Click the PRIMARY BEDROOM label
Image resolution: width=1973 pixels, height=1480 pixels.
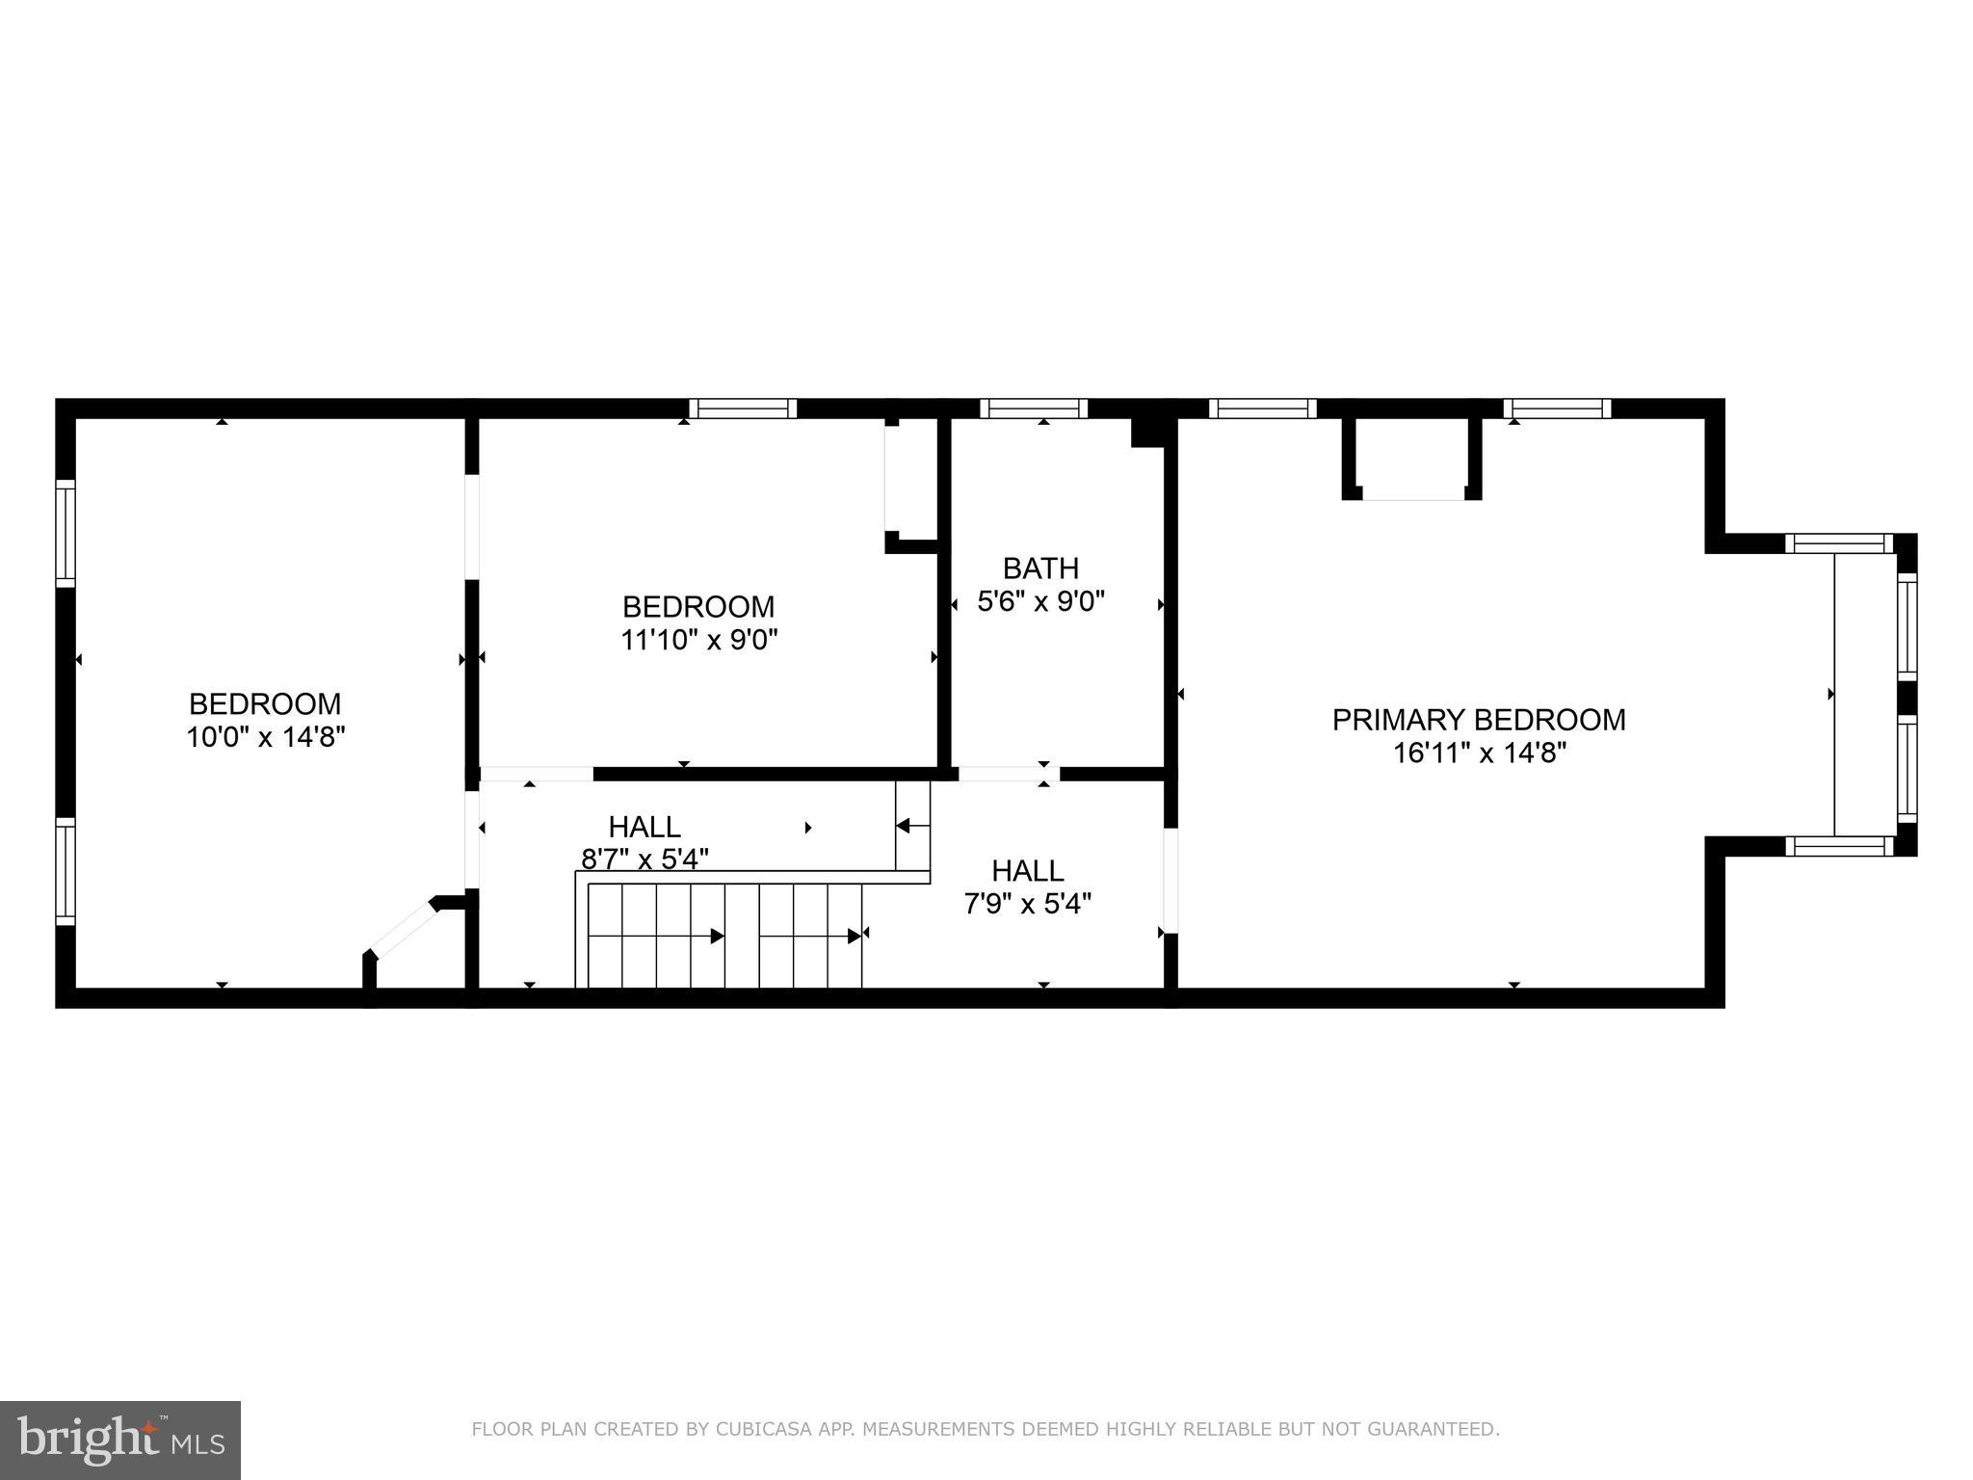pyautogui.click(x=1478, y=720)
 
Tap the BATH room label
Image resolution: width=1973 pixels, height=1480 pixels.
pyautogui.click(x=1040, y=568)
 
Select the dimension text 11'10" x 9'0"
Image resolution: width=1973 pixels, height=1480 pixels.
pyautogui.click(x=698, y=640)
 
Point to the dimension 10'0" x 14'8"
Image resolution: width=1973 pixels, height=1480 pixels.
pyautogui.click(x=265, y=737)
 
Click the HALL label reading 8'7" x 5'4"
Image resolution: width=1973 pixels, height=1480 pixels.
pyautogui.click(x=645, y=827)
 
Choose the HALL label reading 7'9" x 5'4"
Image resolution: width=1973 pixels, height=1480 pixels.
pyautogui.click(x=1027, y=871)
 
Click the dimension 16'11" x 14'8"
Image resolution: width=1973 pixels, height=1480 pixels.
pyautogui.click(x=1480, y=753)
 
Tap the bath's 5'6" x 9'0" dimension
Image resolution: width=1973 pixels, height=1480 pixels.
pyautogui.click(x=1040, y=601)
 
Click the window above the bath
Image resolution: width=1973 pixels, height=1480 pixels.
pyautogui.click(x=1034, y=409)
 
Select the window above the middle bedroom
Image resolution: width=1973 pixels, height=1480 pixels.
pyautogui.click(x=744, y=409)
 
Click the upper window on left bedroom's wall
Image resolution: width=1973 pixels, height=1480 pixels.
pyautogui.click(x=65, y=533)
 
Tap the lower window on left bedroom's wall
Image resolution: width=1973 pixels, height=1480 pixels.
pyautogui.click(x=65, y=871)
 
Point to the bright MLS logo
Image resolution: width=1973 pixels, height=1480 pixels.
pyautogui.click(x=120, y=1440)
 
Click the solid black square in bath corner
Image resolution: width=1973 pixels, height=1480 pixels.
pyautogui.click(x=1147, y=431)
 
